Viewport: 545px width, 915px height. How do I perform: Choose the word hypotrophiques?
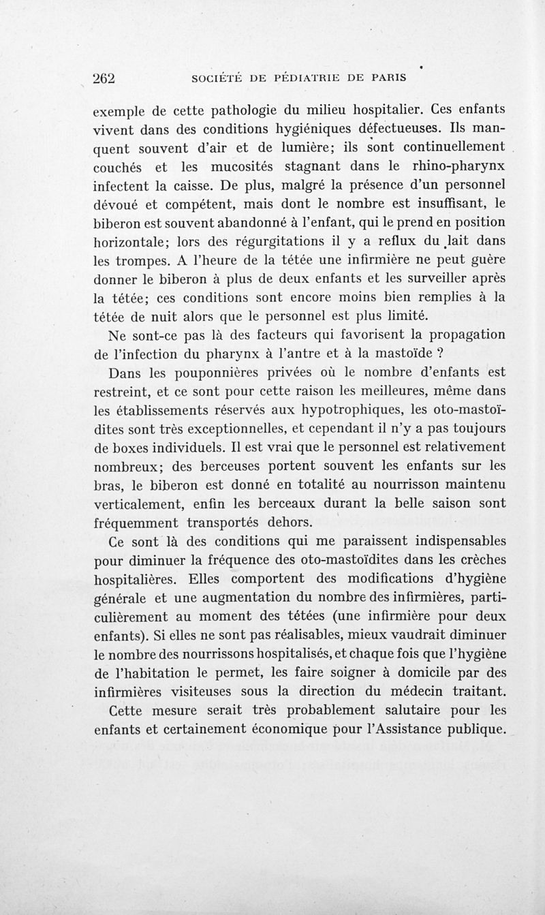click(346, 409)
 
